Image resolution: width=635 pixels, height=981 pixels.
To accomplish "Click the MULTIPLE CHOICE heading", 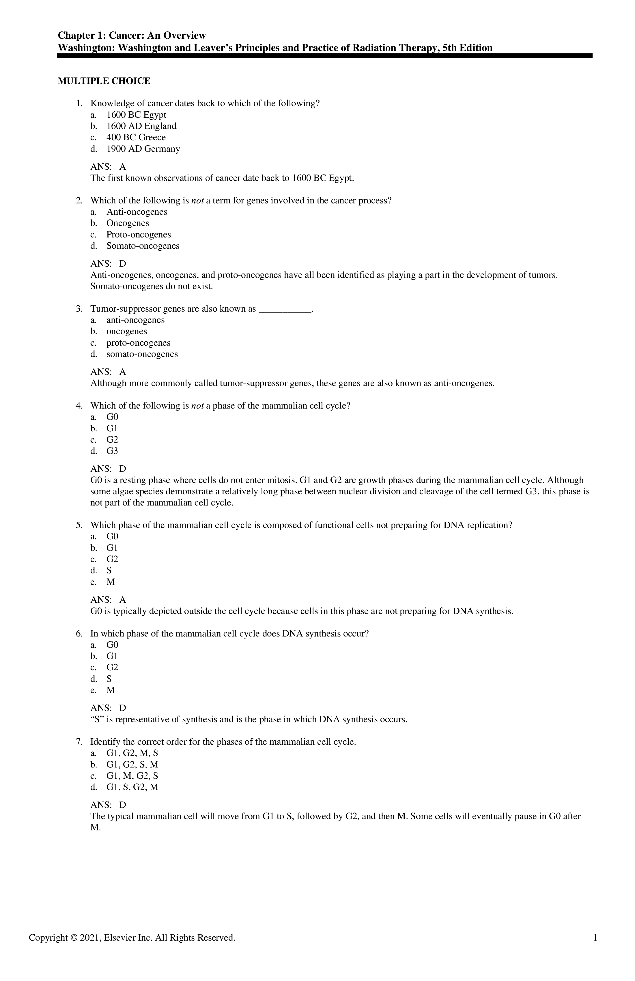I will point(104,81).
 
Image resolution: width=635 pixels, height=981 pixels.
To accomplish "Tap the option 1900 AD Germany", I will point(143,149).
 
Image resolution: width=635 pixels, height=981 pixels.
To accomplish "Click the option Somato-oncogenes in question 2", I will point(143,246).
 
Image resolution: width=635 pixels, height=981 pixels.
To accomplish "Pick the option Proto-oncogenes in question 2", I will point(139,235).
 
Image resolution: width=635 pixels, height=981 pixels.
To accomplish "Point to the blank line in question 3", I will point(285,309).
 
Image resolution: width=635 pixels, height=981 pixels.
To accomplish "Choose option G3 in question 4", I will point(112,451).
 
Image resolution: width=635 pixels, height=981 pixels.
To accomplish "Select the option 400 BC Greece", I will point(136,138).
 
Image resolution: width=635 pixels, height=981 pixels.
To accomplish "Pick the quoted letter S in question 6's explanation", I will point(96,720).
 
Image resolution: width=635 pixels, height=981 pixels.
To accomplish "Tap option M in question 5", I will point(111,582).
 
